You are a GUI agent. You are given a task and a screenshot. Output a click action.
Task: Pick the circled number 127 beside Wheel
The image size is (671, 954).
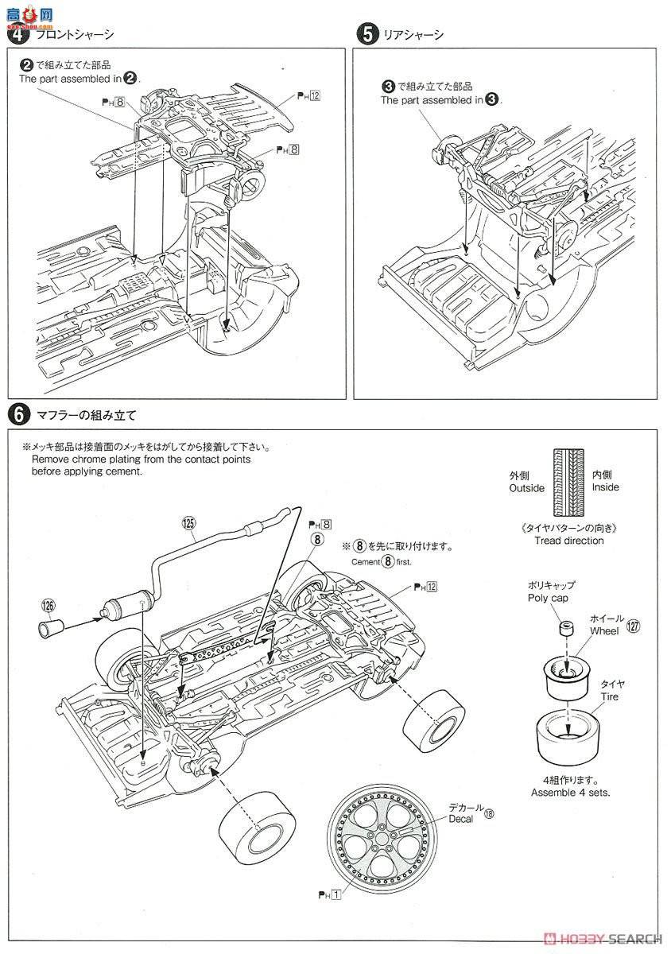(633, 626)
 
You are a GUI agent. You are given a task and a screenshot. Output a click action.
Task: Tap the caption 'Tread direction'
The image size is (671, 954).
(568, 541)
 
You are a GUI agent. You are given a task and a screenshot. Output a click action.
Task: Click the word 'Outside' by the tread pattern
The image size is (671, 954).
(526, 488)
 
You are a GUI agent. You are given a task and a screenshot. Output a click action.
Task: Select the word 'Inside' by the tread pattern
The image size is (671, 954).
(605, 487)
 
